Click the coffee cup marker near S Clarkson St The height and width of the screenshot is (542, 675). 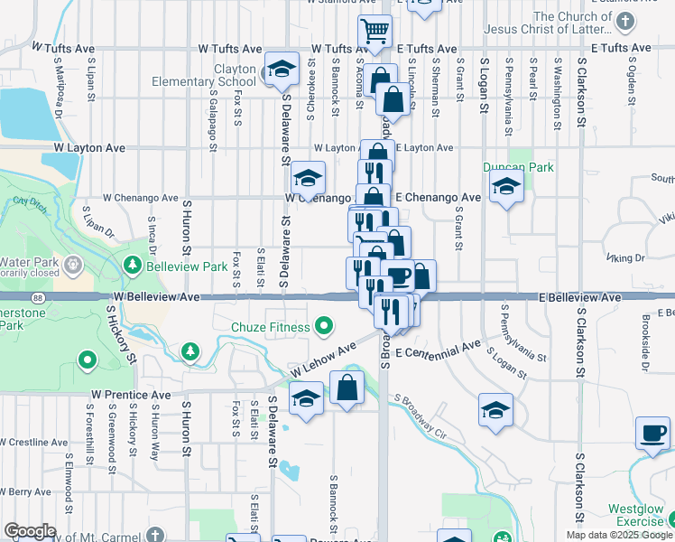tap(652, 434)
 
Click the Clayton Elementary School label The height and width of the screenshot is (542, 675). tap(223, 75)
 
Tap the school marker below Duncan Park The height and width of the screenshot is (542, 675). tap(507, 188)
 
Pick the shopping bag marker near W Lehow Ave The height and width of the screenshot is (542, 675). tap(347, 389)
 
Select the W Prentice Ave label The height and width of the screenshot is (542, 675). tap(130, 396)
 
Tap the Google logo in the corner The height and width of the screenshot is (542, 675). tap(30, 531)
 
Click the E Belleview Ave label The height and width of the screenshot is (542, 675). tap(580, 297)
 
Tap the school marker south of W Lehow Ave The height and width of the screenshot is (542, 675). tap(307, 398)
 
